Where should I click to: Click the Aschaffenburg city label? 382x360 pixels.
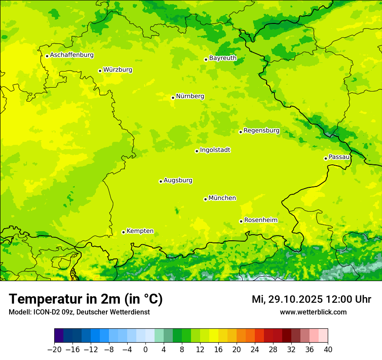72,55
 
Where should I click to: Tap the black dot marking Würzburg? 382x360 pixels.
100,71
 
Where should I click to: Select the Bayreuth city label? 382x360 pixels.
223,58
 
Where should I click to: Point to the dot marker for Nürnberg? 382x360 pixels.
173,98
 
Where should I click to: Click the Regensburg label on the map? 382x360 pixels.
261,131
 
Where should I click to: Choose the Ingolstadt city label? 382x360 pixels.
215,150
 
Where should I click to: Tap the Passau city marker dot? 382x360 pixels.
326,158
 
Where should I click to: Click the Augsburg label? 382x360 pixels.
178,180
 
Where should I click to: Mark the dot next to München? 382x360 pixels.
205,199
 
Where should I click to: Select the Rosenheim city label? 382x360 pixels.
260,220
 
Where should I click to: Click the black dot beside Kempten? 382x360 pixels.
123,232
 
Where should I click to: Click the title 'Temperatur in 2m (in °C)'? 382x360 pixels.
86,299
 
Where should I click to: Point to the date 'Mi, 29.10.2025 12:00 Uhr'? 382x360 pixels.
311,299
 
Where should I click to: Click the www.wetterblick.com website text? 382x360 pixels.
313,312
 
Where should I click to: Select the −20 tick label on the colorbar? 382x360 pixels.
54,350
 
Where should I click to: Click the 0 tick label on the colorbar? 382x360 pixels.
145,350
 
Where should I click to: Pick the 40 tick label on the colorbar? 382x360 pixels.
328,350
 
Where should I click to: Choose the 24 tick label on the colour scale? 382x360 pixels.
255,350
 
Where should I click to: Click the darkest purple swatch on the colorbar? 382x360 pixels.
59,336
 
